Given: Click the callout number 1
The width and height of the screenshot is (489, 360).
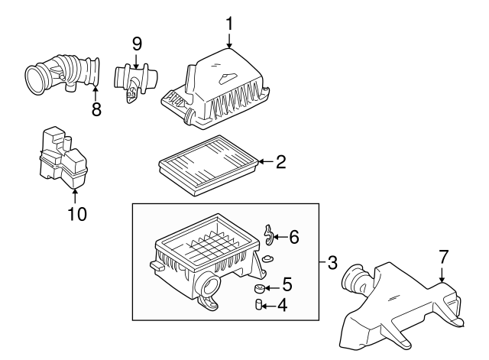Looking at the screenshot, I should [228, 24].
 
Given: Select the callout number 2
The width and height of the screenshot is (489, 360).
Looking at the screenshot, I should [280, 161].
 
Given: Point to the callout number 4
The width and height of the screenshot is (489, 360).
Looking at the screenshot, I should [281, 306].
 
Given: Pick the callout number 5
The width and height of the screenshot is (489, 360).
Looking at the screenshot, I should [286, 284].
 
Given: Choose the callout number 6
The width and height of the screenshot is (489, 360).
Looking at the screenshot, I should [293, 238].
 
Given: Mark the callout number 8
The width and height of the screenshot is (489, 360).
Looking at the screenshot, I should [96, 109].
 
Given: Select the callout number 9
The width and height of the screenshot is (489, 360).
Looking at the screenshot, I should [137, 43].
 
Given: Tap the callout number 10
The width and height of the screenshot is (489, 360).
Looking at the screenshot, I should [76, 213].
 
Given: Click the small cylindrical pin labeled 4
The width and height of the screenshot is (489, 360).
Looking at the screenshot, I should [259, 306].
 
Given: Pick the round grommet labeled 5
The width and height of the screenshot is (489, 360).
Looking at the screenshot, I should [260, 288].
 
